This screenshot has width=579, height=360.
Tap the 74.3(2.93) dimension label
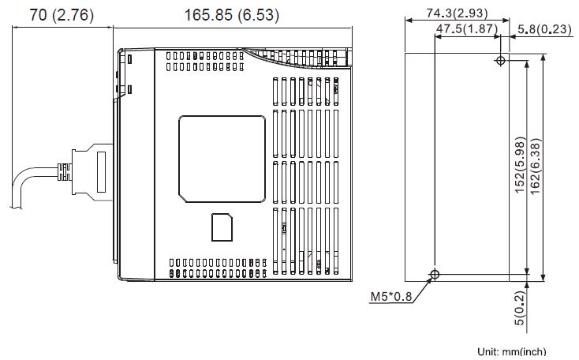457,13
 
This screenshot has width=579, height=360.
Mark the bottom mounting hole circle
435,274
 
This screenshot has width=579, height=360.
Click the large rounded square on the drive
222,158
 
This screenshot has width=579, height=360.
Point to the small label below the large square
222,227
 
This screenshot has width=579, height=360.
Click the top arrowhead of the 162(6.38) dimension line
544,58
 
